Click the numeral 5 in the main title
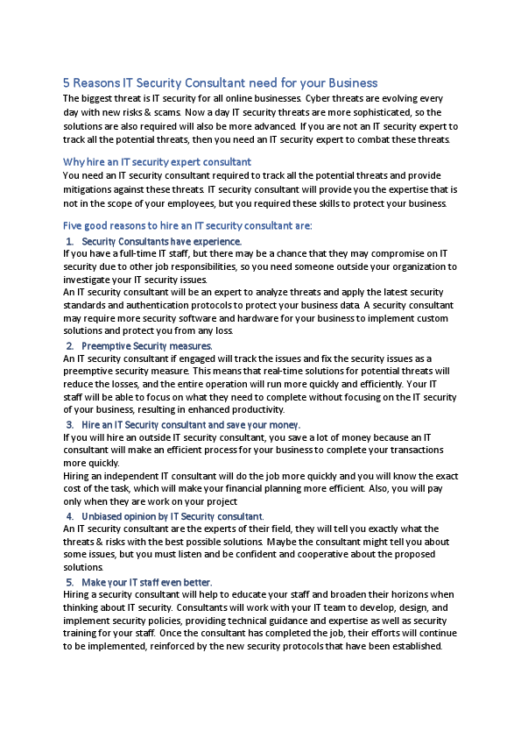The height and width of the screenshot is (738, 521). point(67,83)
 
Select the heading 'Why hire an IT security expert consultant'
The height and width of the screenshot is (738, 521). point(157,162)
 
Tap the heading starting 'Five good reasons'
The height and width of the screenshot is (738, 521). point(187,226)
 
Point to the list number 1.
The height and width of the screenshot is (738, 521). point(69,241)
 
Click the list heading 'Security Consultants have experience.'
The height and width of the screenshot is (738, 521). point(161,241)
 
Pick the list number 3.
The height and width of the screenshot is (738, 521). point(69,425)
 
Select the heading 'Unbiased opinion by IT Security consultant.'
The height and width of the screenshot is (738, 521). point(172,516)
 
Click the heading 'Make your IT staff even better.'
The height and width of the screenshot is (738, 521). point(146,582)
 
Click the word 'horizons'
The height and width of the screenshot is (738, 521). point(395,594)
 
